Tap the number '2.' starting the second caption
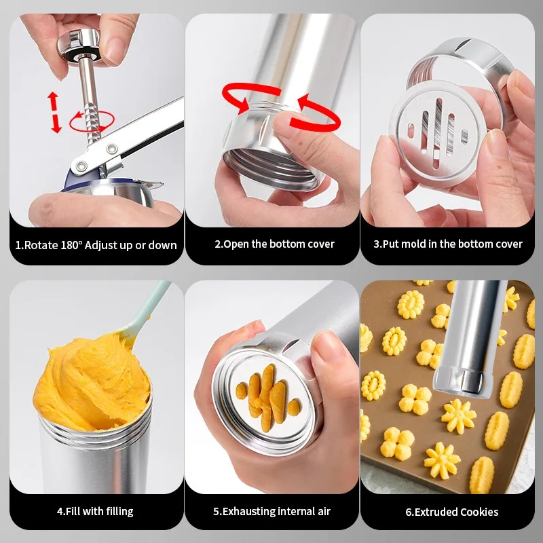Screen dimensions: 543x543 [x=219, y=244]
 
